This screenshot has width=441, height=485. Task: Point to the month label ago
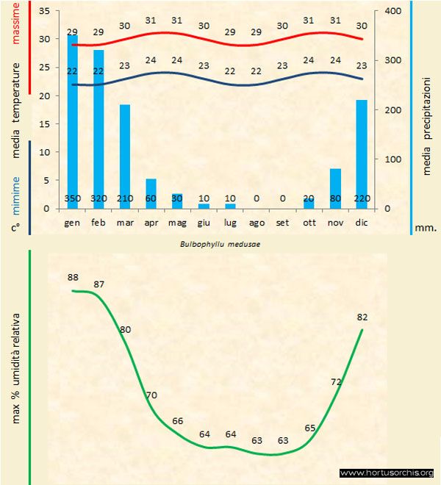coord(257,221)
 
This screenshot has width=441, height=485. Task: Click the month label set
coord(282,221)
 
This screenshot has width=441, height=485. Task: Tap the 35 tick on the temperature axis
coord(43,11)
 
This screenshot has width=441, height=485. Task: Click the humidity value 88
coord(72,277)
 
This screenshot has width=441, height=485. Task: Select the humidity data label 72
coord(337,381)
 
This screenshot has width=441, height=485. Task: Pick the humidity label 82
coord(362,317)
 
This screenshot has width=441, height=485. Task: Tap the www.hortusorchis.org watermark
coord(387,473)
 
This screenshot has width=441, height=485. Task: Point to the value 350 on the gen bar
coord(73,198)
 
